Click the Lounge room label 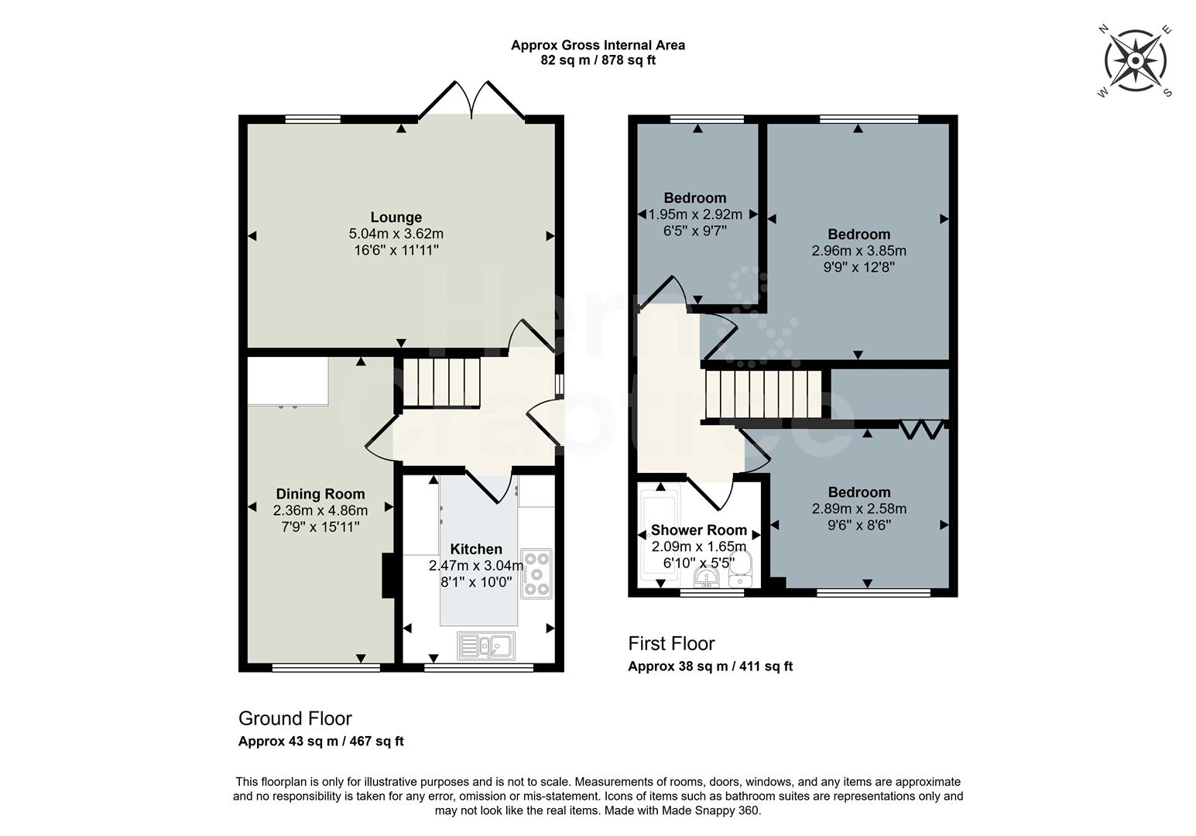(x=396, y=218)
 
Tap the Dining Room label (x=320, y=494)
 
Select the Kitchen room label (x=476, y=550)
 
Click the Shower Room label (x=698, y=530)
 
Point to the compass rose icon (x=1136, y=61)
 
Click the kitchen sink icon (x=486, y=646)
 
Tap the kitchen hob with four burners (x=536, y=574)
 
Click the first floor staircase (x=763, y=394)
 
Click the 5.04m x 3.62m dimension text (x=396, y=234)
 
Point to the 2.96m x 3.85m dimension (x=858, y=251)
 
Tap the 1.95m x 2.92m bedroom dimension (x=694, y=214)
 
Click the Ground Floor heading (x=295, y=718)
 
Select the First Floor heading (x=671, y=643)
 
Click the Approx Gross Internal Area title (x=598, y=45)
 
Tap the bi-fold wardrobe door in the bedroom (x=921, y=430)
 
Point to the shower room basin (x=708, y=579)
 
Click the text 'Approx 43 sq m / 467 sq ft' (x=320, y=741)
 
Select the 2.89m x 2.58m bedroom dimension (x=858, y=509)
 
